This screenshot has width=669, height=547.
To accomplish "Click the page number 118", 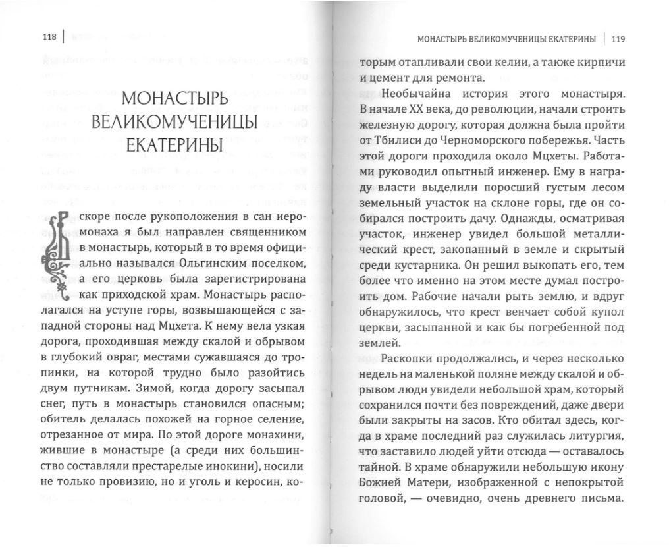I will tap(47, 38).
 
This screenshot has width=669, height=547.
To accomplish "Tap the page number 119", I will tap(618, 38).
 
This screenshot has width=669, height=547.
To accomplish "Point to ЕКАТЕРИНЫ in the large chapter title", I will tap(174, 145).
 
